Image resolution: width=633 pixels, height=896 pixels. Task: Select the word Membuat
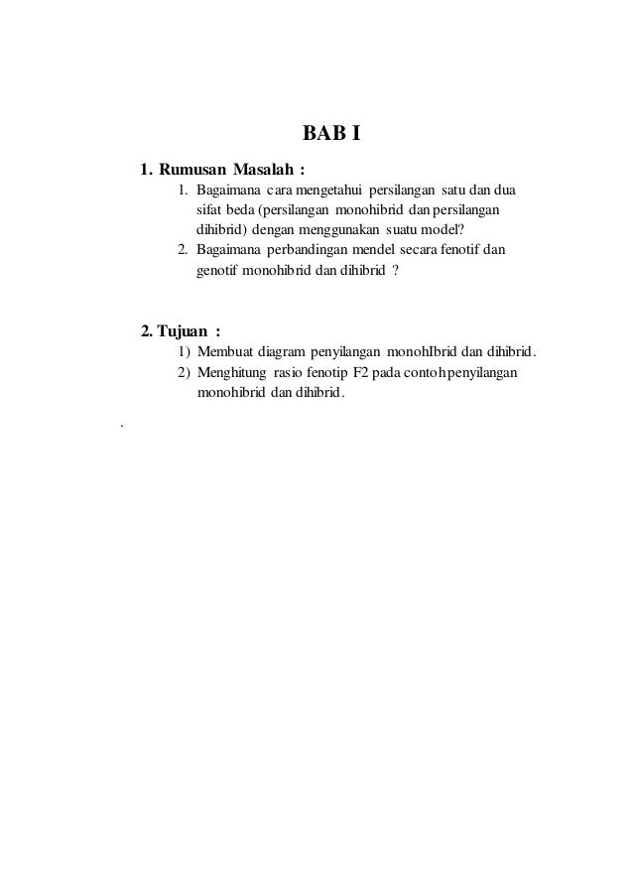(225, 352)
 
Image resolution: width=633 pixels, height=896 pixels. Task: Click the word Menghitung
(231, 372)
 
